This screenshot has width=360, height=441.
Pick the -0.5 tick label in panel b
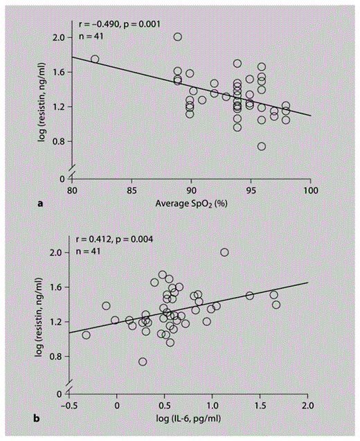[68, 405]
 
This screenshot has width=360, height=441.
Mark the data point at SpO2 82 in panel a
[95, 60]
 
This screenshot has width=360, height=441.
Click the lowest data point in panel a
[261, 146]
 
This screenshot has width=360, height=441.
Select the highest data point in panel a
[178, 37]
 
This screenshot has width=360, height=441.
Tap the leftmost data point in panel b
[87, 335]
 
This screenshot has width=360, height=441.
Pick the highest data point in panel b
[224, 252]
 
